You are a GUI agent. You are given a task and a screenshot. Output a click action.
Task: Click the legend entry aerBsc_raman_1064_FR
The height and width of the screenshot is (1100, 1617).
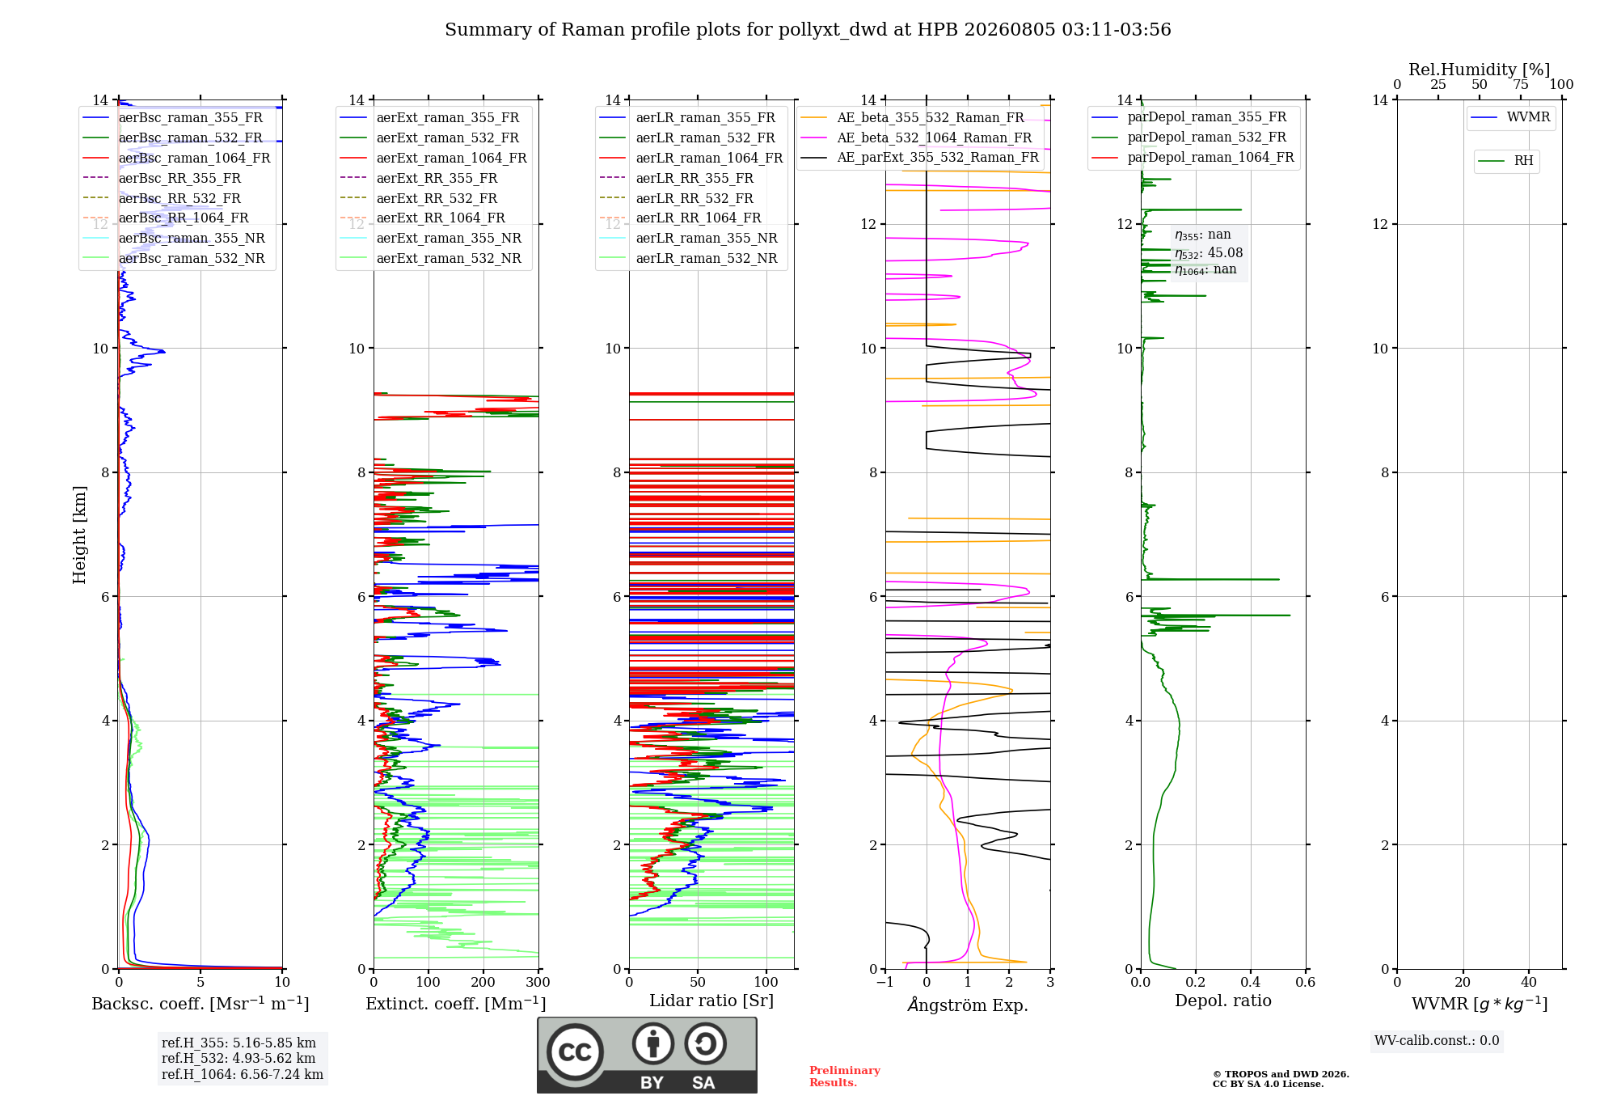176,158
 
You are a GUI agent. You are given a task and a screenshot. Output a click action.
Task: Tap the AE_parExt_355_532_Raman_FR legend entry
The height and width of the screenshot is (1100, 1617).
920,157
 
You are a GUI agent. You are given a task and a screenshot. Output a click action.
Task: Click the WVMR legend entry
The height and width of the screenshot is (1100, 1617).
1510,117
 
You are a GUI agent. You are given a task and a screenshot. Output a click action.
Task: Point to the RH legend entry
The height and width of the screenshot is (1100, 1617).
1505,161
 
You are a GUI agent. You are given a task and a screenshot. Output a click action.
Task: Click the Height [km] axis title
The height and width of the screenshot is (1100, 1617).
79,535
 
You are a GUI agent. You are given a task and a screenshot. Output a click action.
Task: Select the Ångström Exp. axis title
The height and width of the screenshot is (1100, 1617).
968,1004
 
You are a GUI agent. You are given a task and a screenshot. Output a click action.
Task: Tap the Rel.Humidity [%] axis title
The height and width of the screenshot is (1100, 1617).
1480,70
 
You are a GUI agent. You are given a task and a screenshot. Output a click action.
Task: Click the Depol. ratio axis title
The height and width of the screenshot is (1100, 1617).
1223,1001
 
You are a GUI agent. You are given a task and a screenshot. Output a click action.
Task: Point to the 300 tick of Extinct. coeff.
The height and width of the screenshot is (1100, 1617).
538,982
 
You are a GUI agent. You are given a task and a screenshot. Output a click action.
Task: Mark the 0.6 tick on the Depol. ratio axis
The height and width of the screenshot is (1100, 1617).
1305,982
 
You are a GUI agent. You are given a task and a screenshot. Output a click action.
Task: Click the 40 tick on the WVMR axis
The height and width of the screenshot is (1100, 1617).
1529,982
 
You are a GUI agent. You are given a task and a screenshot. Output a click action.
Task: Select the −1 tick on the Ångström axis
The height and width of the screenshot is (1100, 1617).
885,982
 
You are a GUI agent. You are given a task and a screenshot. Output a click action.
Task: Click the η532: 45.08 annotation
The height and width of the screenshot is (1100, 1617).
1209,253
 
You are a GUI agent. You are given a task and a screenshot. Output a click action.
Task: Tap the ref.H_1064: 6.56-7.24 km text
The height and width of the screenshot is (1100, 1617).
243,1074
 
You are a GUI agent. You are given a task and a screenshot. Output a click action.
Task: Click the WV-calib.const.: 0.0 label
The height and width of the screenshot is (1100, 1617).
1437,1041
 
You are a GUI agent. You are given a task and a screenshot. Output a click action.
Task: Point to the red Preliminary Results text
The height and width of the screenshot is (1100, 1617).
845,1077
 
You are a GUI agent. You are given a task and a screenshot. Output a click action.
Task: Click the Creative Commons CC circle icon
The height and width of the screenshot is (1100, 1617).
575,1052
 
